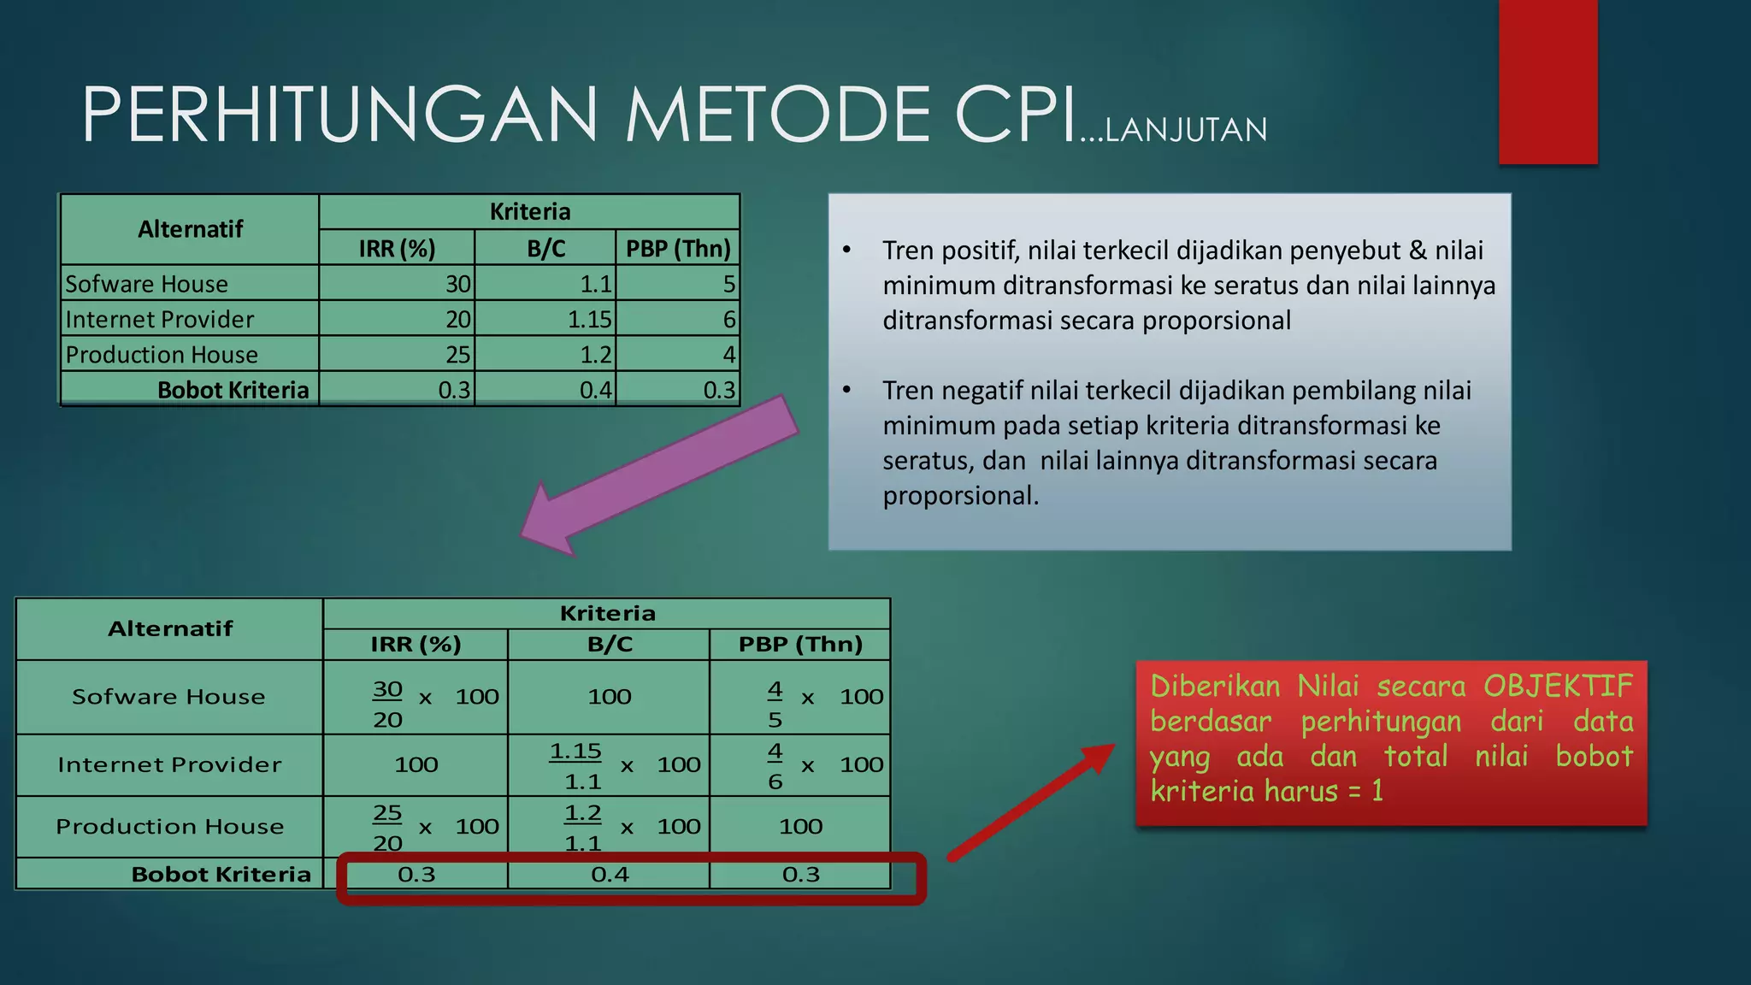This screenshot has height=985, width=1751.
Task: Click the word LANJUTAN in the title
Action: pos(1186,131)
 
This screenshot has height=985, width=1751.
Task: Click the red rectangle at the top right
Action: pos(1548,81)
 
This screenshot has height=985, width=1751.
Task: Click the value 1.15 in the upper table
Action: pos(590,320)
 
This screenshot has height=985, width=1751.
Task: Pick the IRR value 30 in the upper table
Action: pos(458,284)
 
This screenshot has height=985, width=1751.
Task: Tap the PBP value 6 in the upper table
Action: pos(728,320)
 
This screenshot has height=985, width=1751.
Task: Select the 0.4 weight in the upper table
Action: pos(596,391)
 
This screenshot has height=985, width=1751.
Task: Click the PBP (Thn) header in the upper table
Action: pos(678,249)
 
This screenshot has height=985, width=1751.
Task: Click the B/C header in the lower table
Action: pos(610,645)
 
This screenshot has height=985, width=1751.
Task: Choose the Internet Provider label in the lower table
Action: pos(169,765)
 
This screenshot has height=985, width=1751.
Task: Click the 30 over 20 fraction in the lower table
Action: pos(387,704)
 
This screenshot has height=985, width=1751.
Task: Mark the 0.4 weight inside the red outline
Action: pos(610,875)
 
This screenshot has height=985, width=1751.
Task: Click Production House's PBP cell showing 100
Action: pos(800,827)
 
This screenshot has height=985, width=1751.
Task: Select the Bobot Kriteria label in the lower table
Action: pos(221,875)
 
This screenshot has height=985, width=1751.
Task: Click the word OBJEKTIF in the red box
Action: pos(1558,687)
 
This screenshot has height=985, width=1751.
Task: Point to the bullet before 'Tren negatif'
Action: pos(846,391)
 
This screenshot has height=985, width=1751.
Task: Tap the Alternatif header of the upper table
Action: pos(190,229)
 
